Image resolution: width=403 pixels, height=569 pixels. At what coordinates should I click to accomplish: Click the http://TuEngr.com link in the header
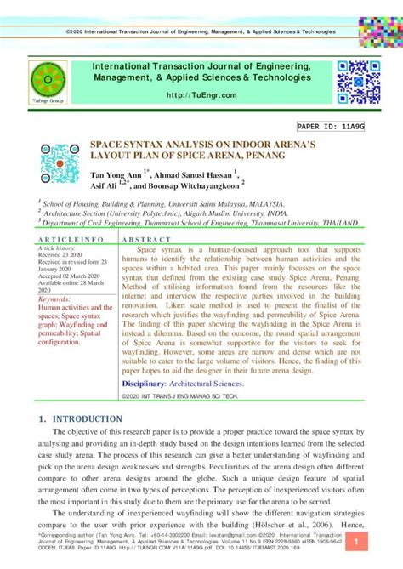click(201, 95)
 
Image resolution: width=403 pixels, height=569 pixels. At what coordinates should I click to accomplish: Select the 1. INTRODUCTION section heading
click(81, 419)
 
